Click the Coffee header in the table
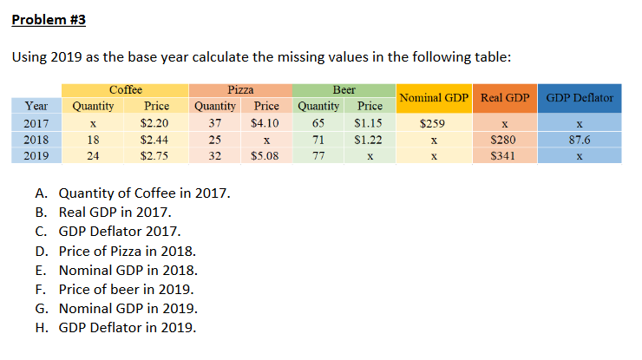tap(126, 89)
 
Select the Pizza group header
tap(240, 89)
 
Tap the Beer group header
tap(344, 89)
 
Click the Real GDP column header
tap(505, 98)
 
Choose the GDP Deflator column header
tap(580, 98)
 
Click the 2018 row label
tap(36, 140)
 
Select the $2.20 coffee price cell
tap(154, 123)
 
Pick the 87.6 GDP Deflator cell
tap(580, 140)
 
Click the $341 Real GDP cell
tap(505, 156)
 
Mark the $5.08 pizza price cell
tap(265, 156)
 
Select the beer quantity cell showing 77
tap(318, 156)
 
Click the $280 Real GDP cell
tap(505, 140)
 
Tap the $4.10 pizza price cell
tap(265, 123)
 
